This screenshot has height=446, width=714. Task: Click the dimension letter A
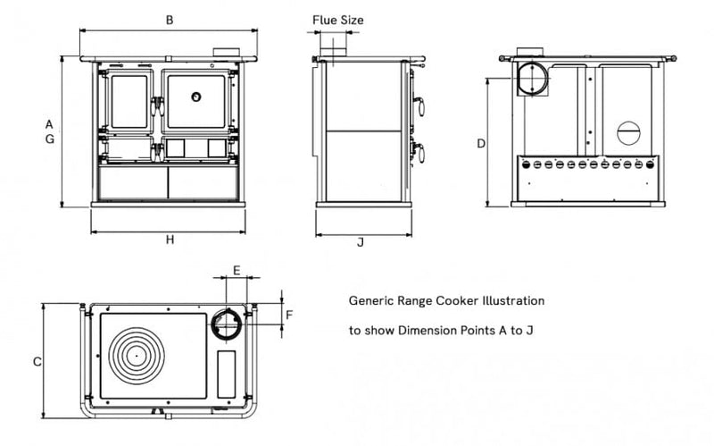[50, 123]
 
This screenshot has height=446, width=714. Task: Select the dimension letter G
[50, 139]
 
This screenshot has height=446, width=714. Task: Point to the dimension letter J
[360, 241]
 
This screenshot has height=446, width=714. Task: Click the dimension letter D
[480, 143]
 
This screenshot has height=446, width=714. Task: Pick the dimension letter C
[37, 362]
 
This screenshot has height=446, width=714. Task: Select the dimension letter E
[237, 269]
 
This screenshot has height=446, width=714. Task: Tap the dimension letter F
[289, 314]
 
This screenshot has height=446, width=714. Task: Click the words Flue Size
[338, 19]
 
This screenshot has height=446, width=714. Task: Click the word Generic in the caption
[372, 302]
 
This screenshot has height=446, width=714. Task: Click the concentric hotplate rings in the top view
[137, 354]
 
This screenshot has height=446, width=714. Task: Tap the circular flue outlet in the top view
[227, 323]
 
